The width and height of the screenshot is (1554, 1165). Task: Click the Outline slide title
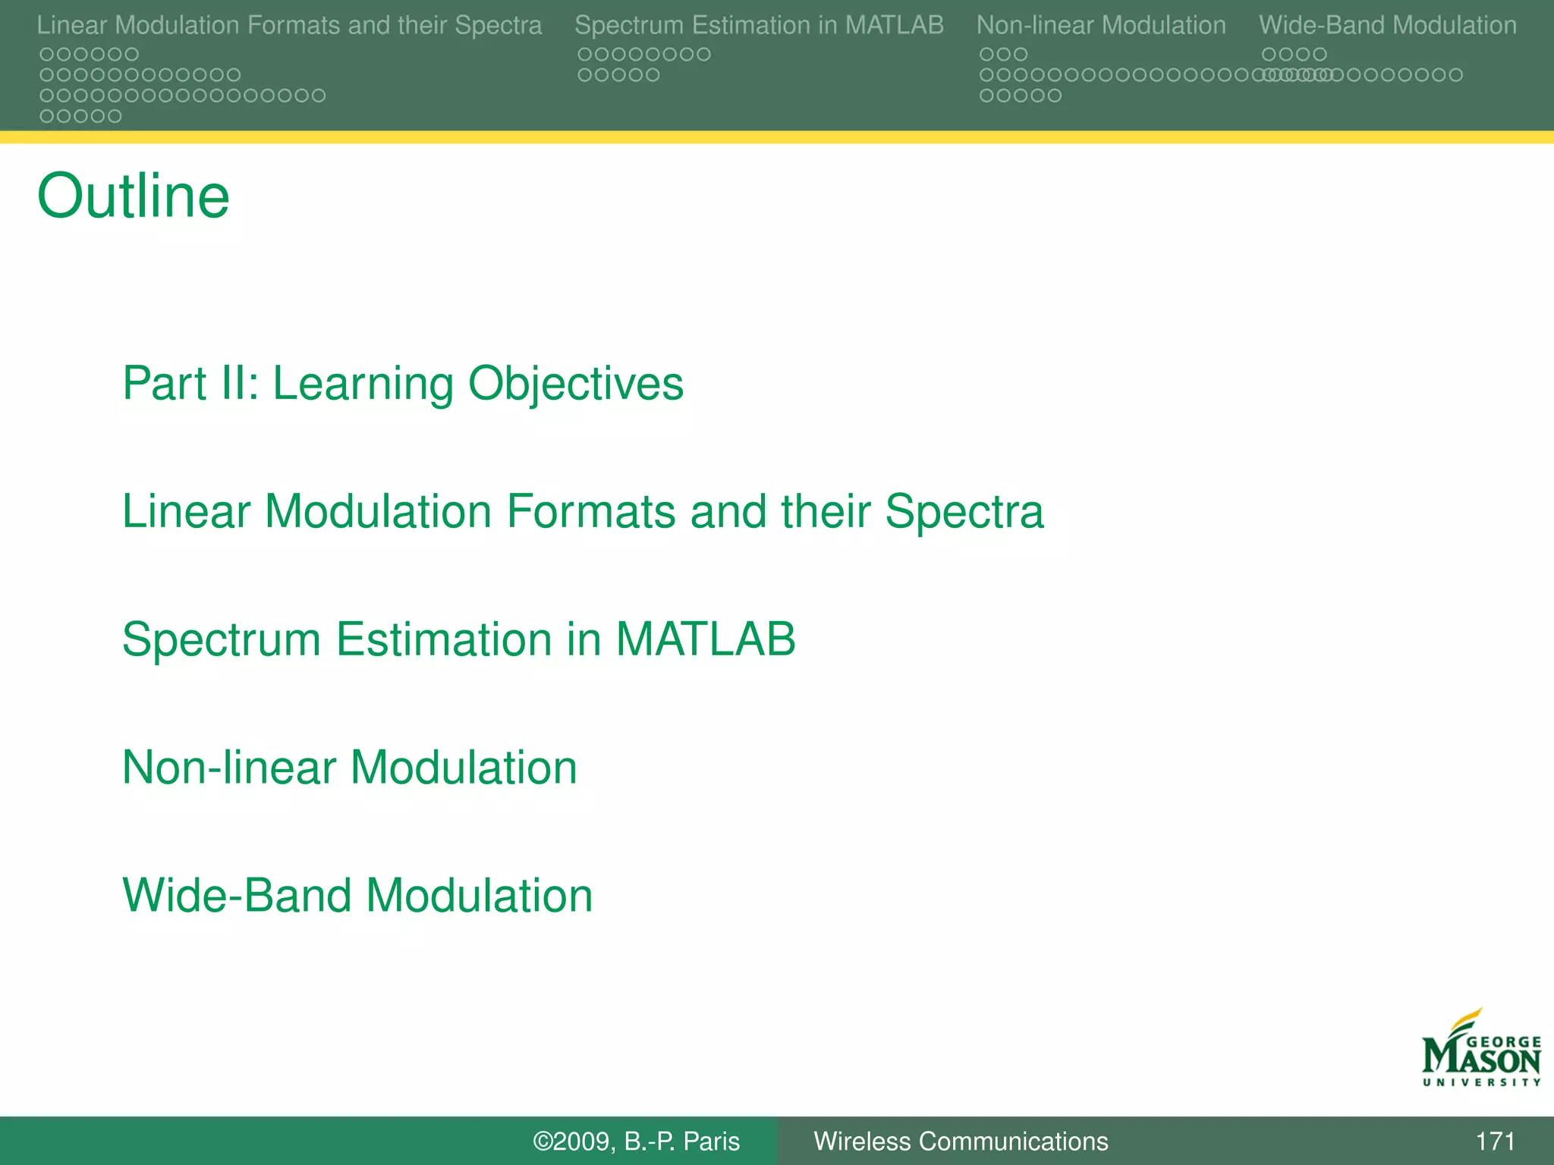pyautogui.click(x=134, y=196)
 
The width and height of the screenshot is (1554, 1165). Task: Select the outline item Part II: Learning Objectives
pyautogui.click(x=403, y=384)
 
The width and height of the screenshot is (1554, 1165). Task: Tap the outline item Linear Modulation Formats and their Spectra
pyautogui.click(x=583, y=511)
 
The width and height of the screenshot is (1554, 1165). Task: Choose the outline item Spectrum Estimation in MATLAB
pyautogui.click(x=458, y=639)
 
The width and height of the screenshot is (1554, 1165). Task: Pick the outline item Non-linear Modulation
pyautogui.click(x=350, y=768)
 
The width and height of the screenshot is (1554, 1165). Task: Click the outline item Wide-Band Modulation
pyautogui.click(x=357, y=896)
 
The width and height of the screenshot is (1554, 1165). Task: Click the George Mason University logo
pyautogui.click(x=1480, y=1050)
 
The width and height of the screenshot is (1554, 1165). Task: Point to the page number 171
pyautogui.click(x=1495, y=1141)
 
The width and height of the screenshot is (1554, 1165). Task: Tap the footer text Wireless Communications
pyautogui.click(x=961, y=1141)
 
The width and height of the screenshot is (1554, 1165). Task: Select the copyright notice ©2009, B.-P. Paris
pyautogui.click(x=636, y=1141)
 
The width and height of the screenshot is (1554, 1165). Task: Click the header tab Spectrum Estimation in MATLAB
pyautogui.click(x=759, y=25)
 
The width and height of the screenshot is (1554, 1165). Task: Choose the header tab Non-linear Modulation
pyautogui.click(x=1101, y=25)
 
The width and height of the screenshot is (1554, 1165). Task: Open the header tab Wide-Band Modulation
pyautogui.click(x=1388, y=25)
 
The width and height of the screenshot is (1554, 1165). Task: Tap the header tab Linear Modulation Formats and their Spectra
pyautogui.click(x=289, y=25)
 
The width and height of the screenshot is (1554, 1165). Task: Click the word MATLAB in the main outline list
pyautogui.click(x=705, y=639)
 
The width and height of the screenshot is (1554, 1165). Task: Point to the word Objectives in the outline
pyautogui.click(x=576, y=384)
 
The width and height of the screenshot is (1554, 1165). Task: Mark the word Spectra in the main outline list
pyautogui.click(x=964, y=511)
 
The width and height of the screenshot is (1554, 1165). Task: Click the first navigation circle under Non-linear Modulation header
pyautogui.click(x=986, y=55)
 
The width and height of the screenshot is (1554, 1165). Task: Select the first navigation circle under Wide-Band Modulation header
pyautogui.click(x=1269, y=55)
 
